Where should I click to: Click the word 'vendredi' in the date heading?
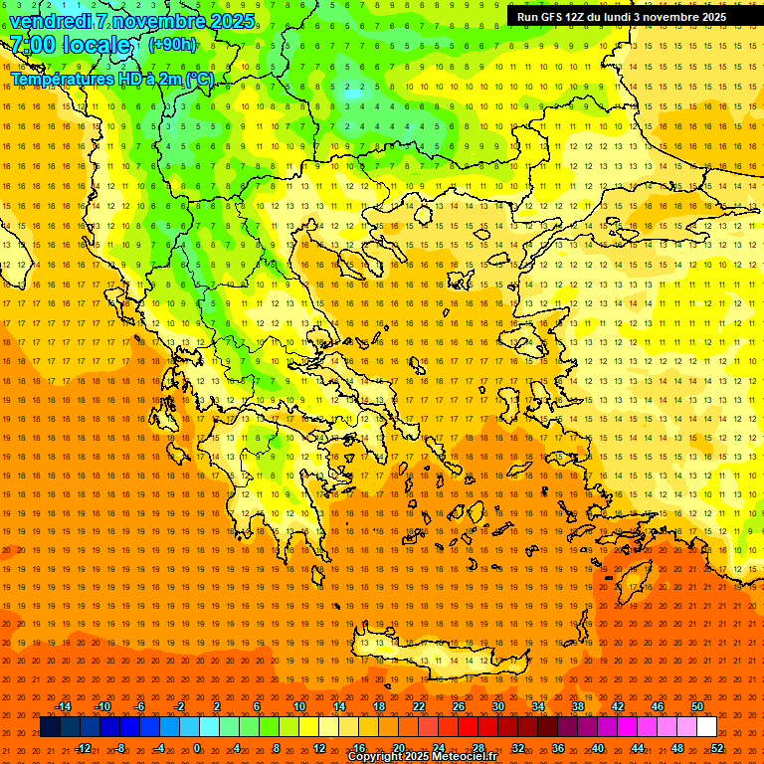tap(51, 21)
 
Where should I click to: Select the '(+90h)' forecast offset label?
tap(172, 44)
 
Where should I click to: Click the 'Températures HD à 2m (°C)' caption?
tap(111, 79)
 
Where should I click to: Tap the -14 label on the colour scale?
tap(63, 706)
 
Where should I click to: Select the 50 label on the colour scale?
tap(697, 706)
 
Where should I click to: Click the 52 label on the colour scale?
tap(717, 747)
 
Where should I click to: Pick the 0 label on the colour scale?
tap(197, 747)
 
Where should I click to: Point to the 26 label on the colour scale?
tap(459, 706)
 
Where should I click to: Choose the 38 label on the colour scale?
tap(578, 706)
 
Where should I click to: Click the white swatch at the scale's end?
tap(707, 727)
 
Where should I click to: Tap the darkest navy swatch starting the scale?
tap(50, 727)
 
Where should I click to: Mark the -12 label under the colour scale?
tap(83, 747)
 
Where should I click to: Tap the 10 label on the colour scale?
tap(298, 706)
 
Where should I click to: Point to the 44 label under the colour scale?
tap(638, 747)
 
